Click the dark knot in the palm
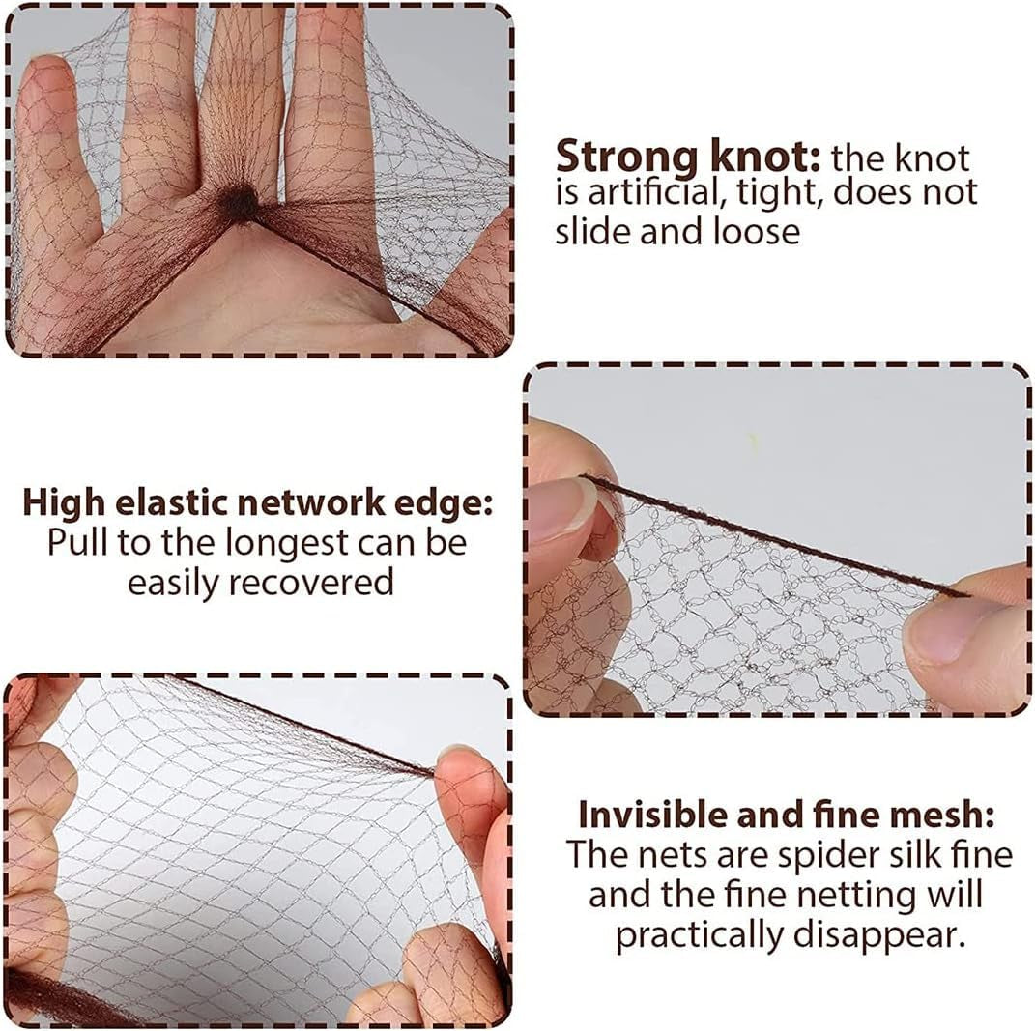[x=239, y=202]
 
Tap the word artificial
[x=653, y=193]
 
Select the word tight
[x=780, y=193]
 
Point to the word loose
[x=756, y=231]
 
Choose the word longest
[x=287, y=543]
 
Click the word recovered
[x=302, y=582]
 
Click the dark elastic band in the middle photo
[x=773, y=536]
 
